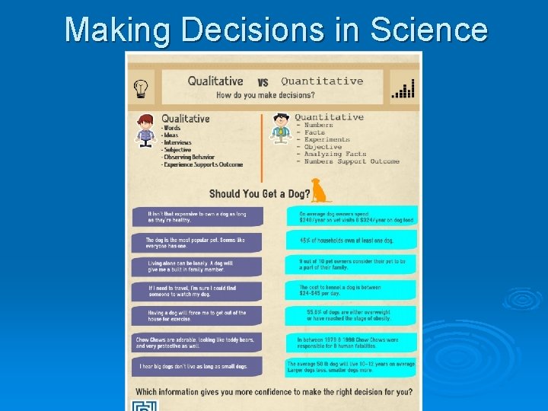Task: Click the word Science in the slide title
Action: (x=428, y=30)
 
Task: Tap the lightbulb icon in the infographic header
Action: (x=141, y=88)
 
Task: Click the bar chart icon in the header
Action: (x=403, y=88)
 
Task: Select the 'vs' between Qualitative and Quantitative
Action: (x=263, y=82)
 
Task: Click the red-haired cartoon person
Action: (x=146, y=130)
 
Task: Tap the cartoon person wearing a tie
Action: (x=282, y=128)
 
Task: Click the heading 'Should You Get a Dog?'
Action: (x=260, y=194)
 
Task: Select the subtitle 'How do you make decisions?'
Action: (x=265, y=95)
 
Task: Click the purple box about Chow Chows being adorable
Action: (x=198, y=342)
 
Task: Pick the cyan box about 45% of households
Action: (x=352, y=241)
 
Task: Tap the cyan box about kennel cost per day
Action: (x=352, y=291)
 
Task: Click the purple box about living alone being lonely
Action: (x=198, y=266)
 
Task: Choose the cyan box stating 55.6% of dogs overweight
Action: (x=352, y=316)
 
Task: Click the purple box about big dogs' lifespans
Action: (x=198, y=367)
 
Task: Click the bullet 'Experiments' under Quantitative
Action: (x=327, y=139)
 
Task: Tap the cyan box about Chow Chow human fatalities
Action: (x=352, y=342)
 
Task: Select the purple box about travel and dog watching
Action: (x=198, y=291)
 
